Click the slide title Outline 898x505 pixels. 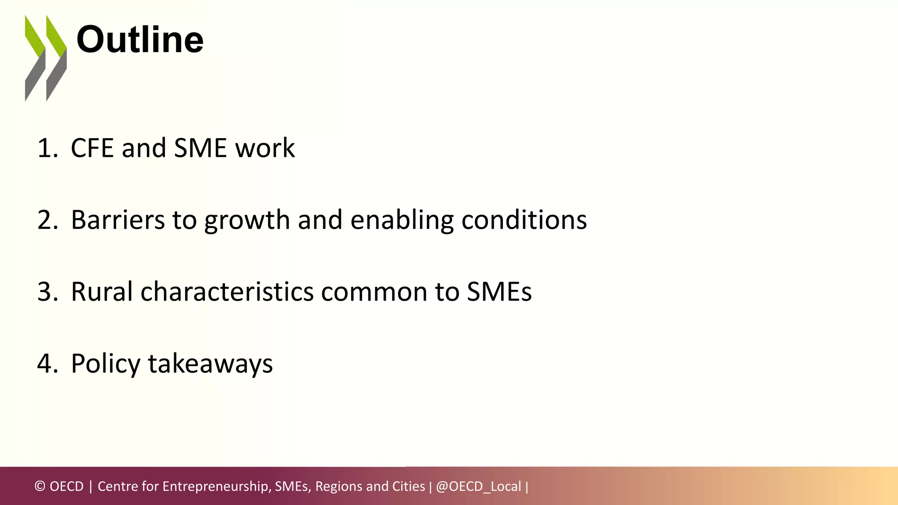pyautogui.click(x=140, y=40)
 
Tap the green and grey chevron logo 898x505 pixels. pyautogui.click(x=46, y=58)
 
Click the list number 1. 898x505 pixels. pyautogui.click(x=47, y=148)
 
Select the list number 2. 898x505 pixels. pyautogui.click(x=47, y=220)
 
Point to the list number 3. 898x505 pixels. pyautogui.click(x=47, y=292)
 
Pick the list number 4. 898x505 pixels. pyautogui.click(x=47, y=363)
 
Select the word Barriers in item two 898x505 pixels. pyautogui.click(x=118, y=220)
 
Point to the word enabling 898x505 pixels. pyautogui.click(x=402, y=220)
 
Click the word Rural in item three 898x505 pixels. pyautogui.click(x=102, y=292)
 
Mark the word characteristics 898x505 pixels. pyautogui.click(x=227, y=292)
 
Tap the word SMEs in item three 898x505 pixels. pyautogui.click(x=499, y=292)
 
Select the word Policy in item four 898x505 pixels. pyautogui.click(x=106, y=364)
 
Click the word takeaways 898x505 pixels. pyautogui.click(x=210, y=364)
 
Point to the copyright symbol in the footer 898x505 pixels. pyautogui.click(x=40, y=486)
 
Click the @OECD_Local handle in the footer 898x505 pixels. pyautogui.click(x=478, y=486)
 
